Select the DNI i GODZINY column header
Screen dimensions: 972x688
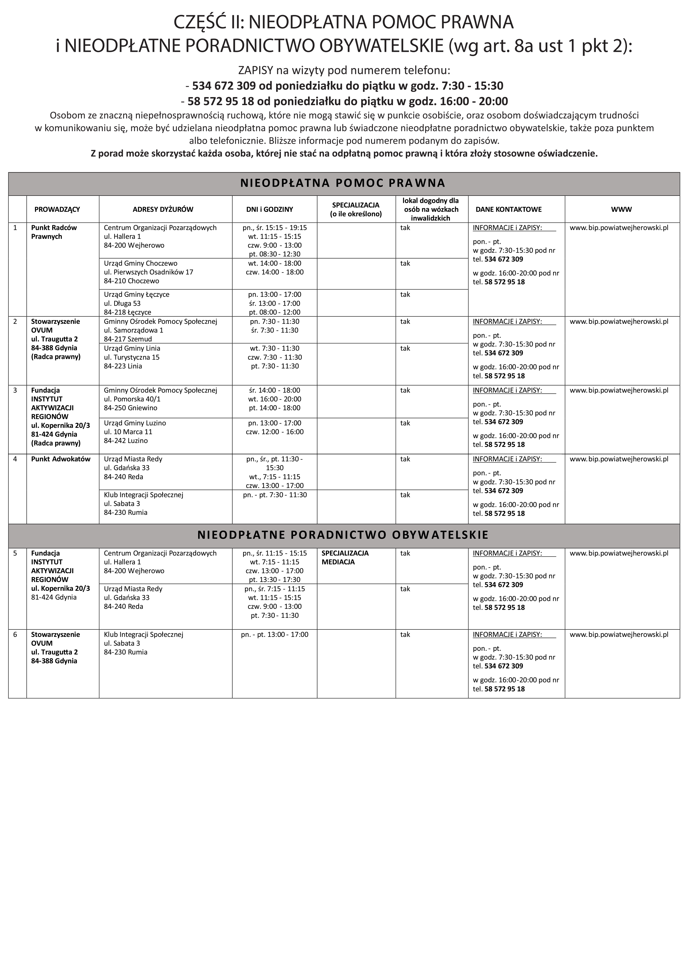pyautogui.click(x=269, y=209)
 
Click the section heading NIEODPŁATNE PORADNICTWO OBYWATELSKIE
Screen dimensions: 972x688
pyautogui.click(x=343, y=535)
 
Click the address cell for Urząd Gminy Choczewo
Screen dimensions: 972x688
pyautogui.click(x=148, y=272)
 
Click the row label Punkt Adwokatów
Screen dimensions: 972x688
pyautogui.click(x=61, y=459)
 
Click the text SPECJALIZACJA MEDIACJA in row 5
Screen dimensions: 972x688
pyautogui.click(x=345, y=558)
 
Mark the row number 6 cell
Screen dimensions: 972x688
pyautogui.click(x=15, y=634)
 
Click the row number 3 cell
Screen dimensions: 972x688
pyautogui.click(x=15, y=390)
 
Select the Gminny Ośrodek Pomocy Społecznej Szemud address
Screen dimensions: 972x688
pyautogui.click(x=160, y=330)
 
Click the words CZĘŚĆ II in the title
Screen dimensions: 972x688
pyautogui.click(x=207, y=22)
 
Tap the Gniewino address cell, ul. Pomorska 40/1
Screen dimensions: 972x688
pyautogui.click(x=160, y=399)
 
